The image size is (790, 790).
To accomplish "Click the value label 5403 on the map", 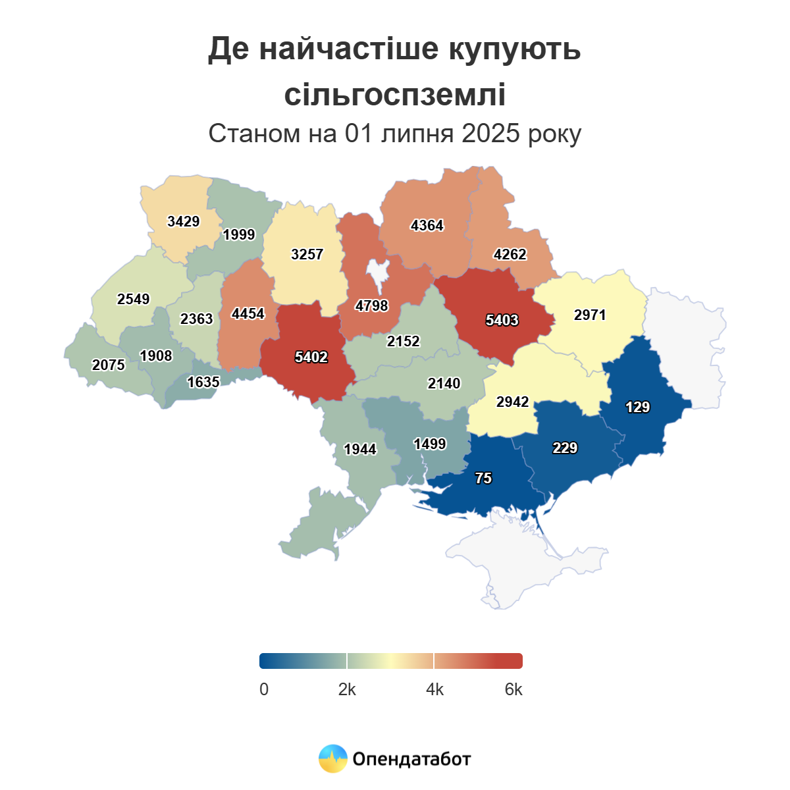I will (x=502, y=320).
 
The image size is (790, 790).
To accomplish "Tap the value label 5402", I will (x=311, y=357).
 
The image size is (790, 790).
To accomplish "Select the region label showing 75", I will (x=483, y=478).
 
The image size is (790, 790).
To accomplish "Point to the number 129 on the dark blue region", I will (x=637, y=407).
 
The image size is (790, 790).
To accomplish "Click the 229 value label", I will (x=565, y=448).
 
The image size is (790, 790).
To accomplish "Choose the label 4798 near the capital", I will (x=371, y=305).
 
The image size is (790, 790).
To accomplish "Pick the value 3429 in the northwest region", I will (x=183, y=221).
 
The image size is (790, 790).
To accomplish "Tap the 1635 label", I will (x=203, y=382).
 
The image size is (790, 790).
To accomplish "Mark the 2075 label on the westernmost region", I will (x=108, y=365).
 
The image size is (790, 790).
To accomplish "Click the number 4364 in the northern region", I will (x=427, y=225).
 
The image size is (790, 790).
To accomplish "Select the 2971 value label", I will (x=589, y=315).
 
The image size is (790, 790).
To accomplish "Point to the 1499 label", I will (x=429, y=444).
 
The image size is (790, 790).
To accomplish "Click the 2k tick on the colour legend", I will (x=347, y=689).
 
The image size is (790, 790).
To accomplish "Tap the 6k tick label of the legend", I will (x=513, y=689).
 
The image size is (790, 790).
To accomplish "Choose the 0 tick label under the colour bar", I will (x=264, y=689).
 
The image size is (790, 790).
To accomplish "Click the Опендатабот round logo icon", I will (x=332, y=758).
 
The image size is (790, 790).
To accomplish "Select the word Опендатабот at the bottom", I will (x=411, y=759).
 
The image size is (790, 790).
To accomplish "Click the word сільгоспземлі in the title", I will (x=394, y=94).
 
